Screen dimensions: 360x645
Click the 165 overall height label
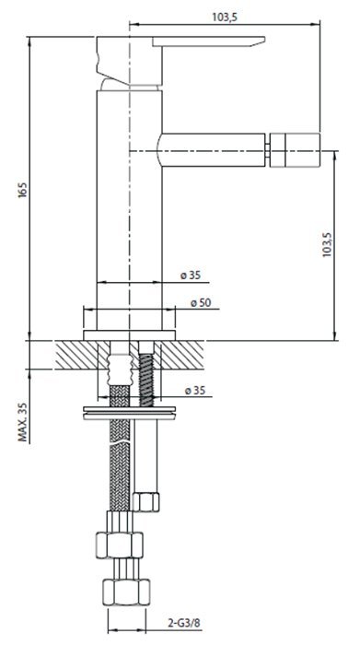point(22,190)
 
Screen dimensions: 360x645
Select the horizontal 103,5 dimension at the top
point(225,17)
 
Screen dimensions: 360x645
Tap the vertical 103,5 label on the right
point(327,245)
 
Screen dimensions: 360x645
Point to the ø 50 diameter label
point(201,303)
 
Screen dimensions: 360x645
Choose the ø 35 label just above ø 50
point(191,276)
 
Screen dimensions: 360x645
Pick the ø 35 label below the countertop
point(194,391)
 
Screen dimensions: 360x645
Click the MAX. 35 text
point(24,422)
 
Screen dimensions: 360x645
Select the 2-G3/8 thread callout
point(184,623)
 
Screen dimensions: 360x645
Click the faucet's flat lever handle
point(209,41)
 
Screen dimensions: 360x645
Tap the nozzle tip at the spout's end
point(295,149)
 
